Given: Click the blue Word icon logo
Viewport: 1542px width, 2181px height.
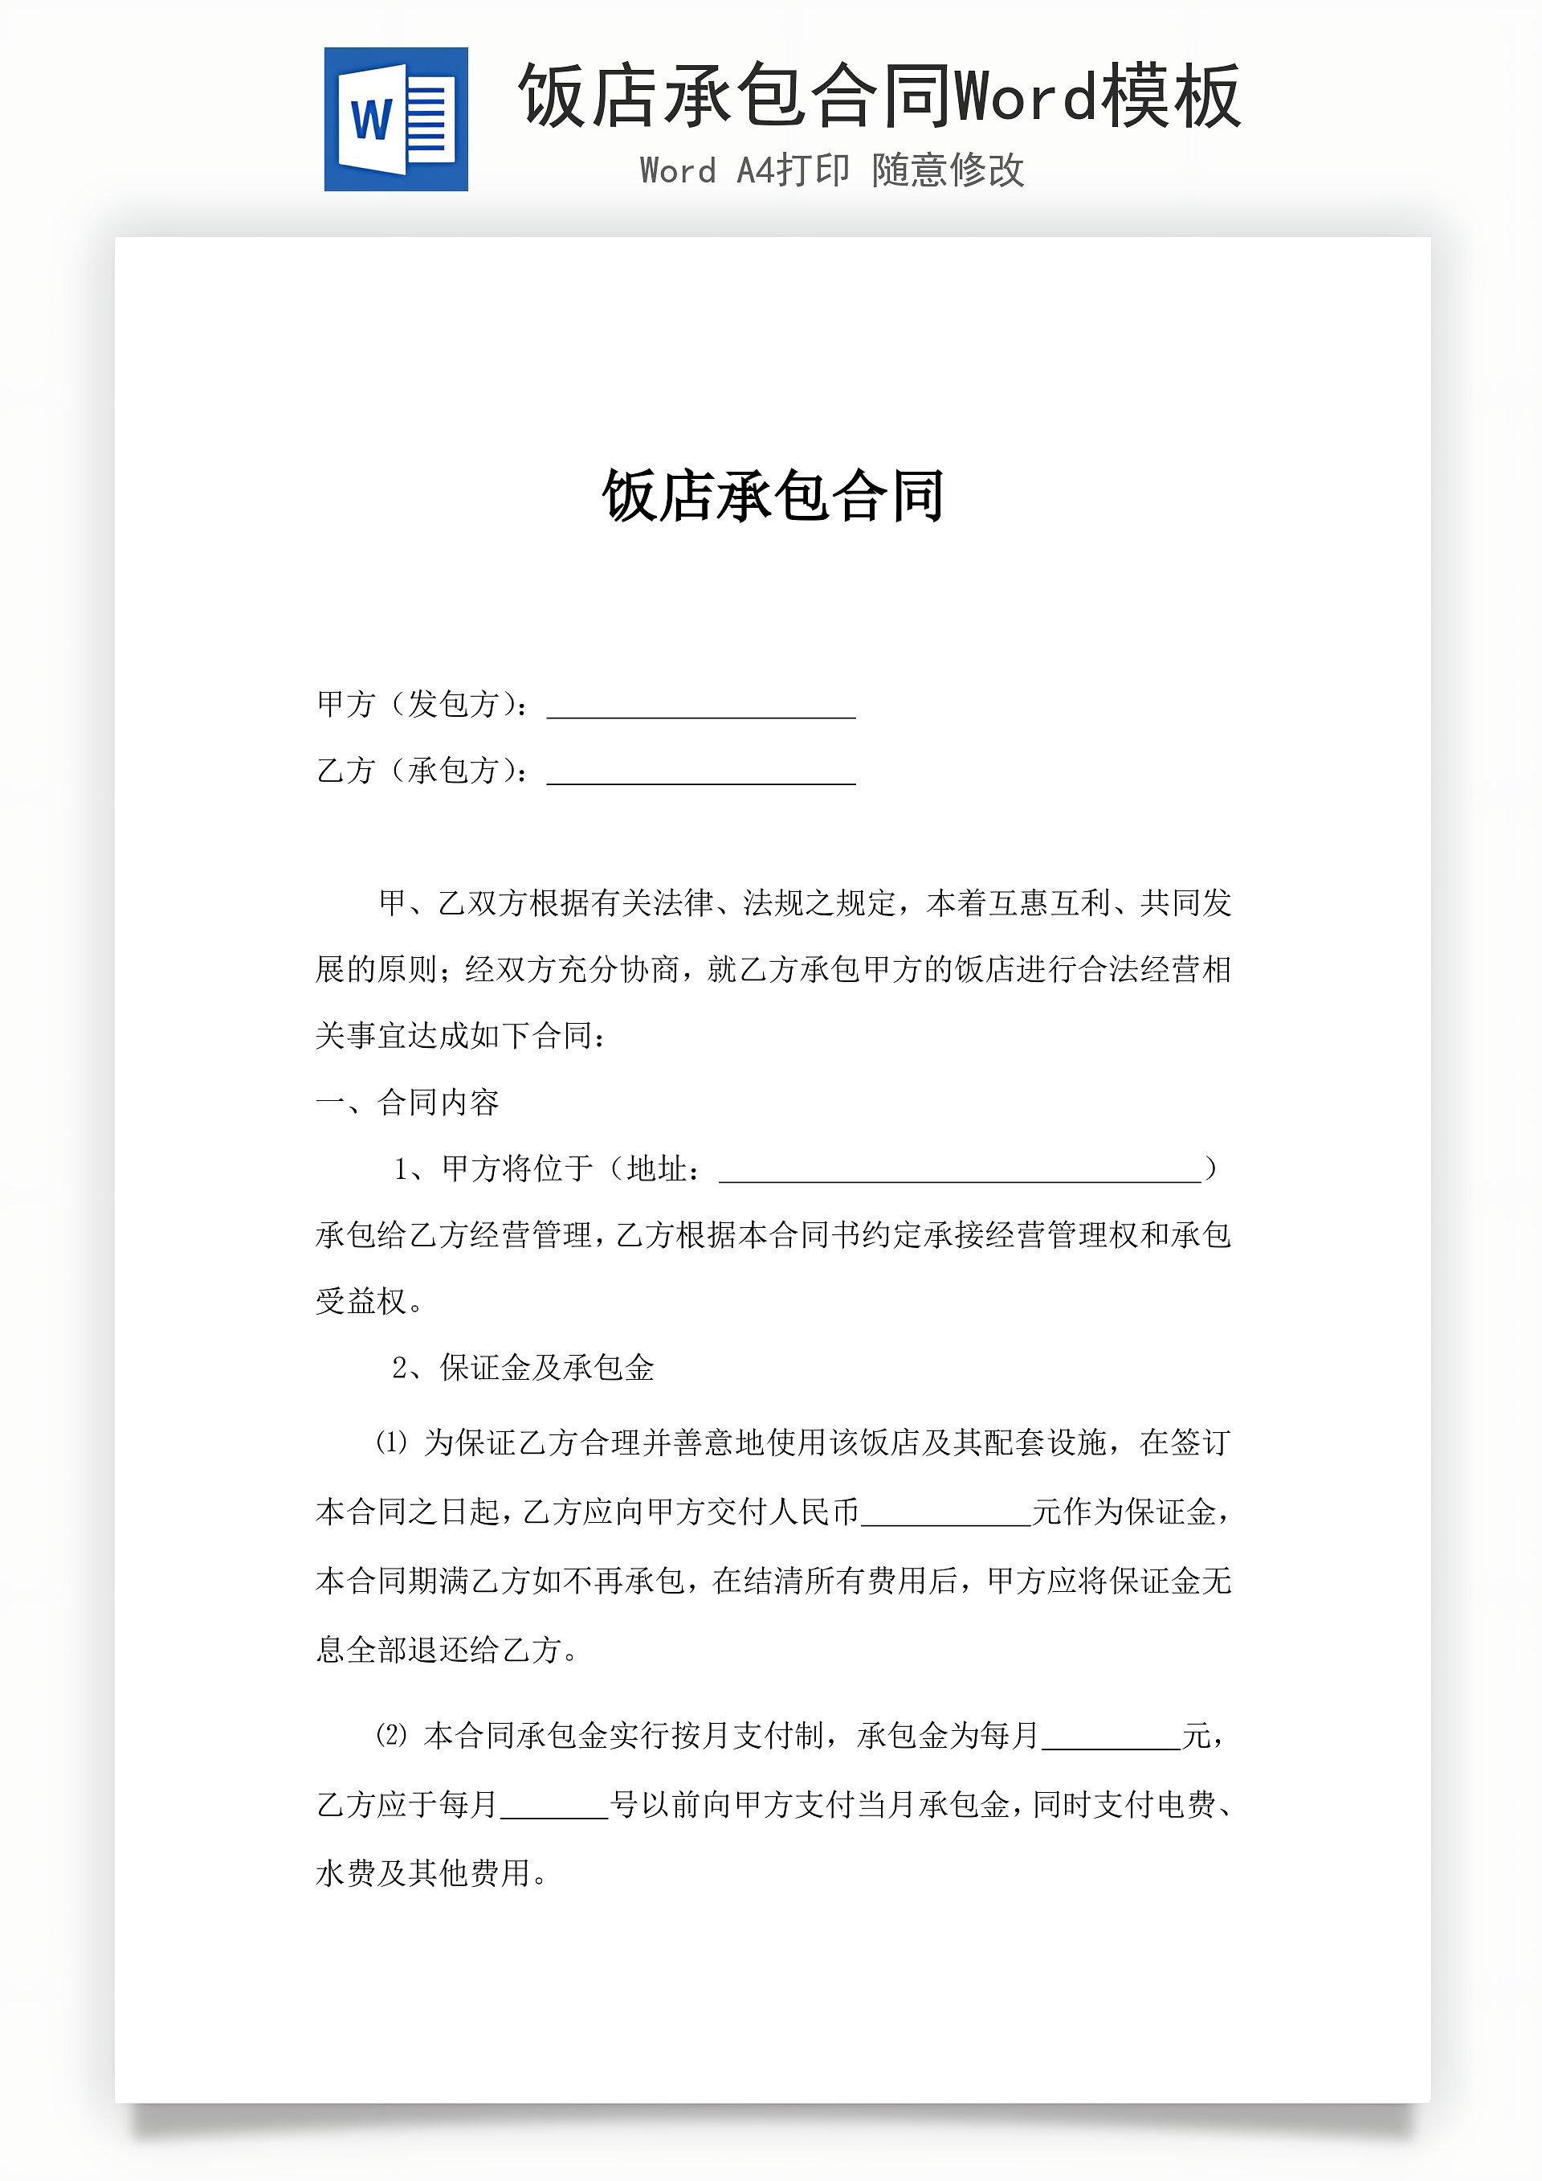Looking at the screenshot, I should click(x=396, y=120).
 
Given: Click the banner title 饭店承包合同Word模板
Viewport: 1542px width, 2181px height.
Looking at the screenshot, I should click(x=879, y=95).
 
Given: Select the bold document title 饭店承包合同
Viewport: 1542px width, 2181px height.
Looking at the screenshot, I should click(x=773, y=496).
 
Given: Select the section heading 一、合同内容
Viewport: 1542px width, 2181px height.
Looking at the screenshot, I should click(x=407, y=1102).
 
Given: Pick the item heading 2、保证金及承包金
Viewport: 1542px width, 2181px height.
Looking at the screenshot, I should click(x=523, y=1368).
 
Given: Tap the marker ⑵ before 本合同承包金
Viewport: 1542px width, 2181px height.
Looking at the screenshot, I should click(x=391, y=1736).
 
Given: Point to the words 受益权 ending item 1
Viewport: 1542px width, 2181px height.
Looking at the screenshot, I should click(x=361, y=1301).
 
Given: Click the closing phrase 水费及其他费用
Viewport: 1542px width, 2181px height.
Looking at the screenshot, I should click(x=422, y=1873).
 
